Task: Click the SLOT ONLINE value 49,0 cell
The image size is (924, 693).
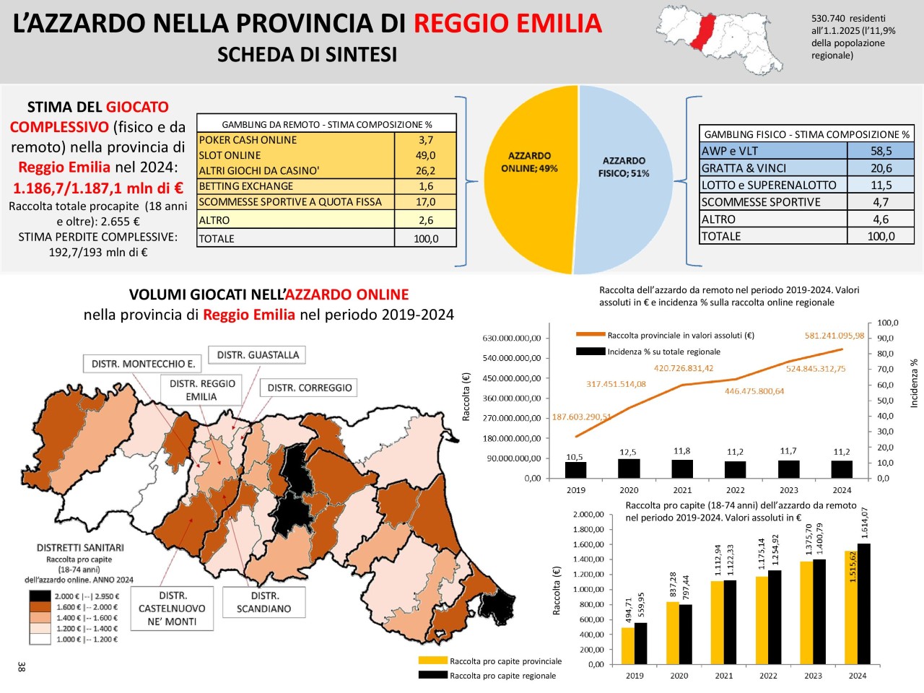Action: click(x=425, y=155)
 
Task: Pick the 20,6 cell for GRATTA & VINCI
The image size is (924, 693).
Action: click(x=881, y=168)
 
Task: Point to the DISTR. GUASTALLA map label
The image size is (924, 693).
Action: click(x=258, y=355)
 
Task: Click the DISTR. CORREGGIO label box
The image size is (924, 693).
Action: click(x=310, y=388)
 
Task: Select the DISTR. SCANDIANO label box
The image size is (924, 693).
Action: click(x=264, y=602)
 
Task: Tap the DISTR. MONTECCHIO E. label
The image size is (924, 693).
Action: click(x=143, y=364)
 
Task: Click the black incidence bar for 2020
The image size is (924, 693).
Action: click(x=629, y=468)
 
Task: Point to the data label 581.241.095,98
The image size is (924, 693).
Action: click(x=834, y=336)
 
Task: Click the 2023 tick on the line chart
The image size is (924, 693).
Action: click(x=789, y=490)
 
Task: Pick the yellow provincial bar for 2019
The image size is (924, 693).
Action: click(x=628, y=645)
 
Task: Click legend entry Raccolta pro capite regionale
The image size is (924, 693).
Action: click(x=502, y=676)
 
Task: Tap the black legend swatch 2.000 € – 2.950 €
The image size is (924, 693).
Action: click(x=40, y=596)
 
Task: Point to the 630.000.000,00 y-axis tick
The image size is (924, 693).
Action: click(x=511, y=339)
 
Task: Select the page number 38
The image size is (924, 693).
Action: click(x=22, y=666)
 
